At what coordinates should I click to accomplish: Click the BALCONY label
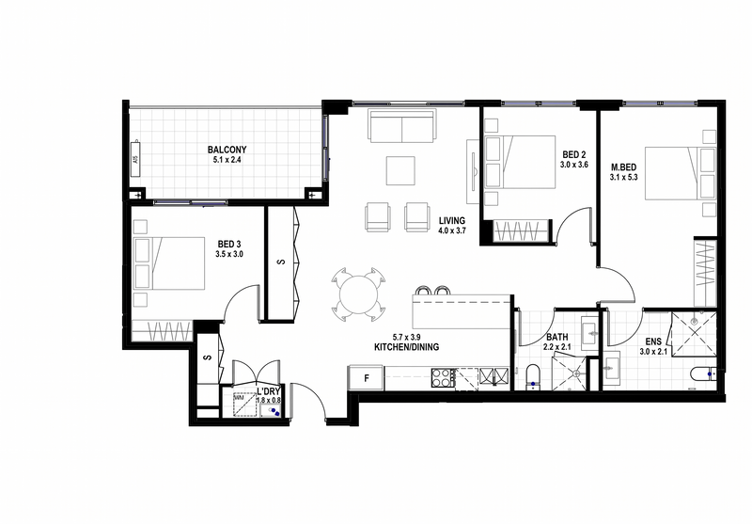227,150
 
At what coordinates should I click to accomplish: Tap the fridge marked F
367,378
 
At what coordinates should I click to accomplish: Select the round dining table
358,294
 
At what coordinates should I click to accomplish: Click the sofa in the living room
402,126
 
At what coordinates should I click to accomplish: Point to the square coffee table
401,170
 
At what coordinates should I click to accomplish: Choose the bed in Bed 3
169,263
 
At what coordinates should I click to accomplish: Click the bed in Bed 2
520,162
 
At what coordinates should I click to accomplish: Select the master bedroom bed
680,173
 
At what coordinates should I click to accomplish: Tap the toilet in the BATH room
533,377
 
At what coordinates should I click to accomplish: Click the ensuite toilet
703,373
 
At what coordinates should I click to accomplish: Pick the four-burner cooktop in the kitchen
443,377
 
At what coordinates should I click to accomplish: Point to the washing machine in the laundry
244,405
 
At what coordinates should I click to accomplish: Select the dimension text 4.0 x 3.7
452,230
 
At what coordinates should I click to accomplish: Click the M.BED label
623,167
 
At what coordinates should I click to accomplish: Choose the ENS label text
653,341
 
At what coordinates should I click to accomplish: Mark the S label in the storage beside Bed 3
281,262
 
